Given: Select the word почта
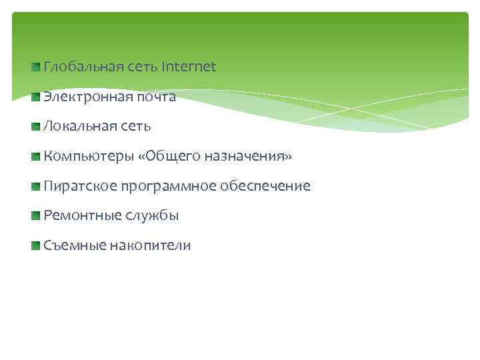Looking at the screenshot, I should tap(155, 97).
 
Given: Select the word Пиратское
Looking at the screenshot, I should tap(80, 186).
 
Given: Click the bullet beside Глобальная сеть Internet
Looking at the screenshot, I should tap(35, 67).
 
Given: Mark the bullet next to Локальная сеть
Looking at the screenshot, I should tap(35, 126).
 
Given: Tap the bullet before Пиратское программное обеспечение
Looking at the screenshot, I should tap(35, 186).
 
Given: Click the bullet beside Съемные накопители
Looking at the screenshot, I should tap(35, 246).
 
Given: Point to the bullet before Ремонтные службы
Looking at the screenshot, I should tap(35, 216).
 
